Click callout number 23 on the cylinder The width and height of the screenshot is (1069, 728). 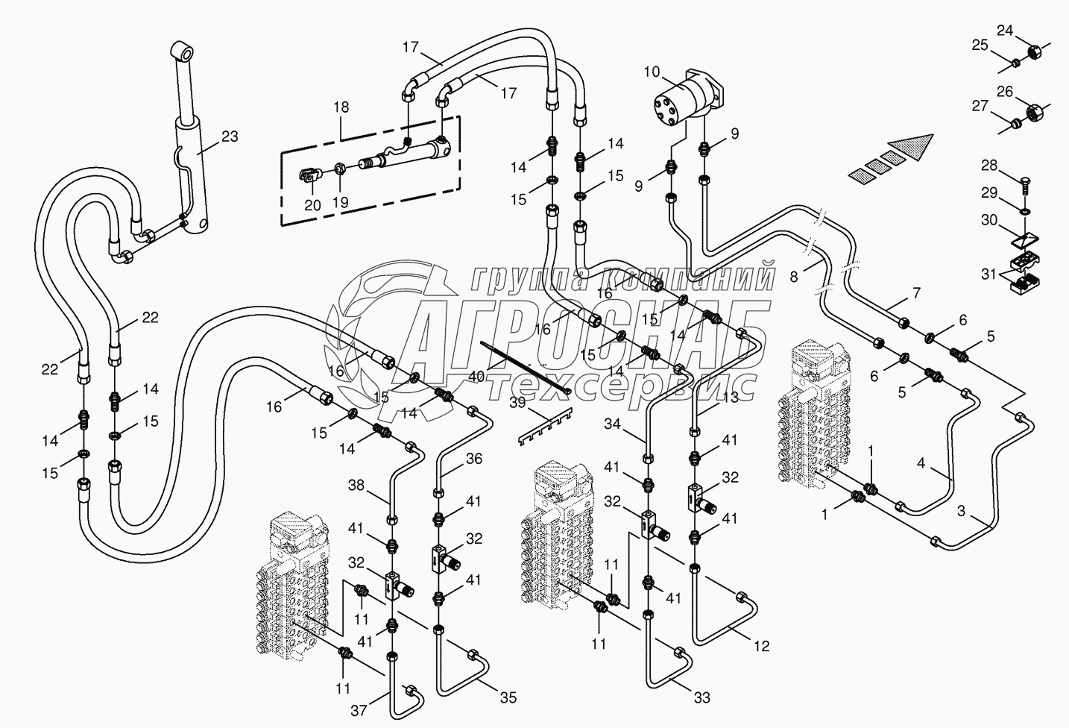point(230,136)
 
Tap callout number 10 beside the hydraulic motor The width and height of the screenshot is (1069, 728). point(652,72)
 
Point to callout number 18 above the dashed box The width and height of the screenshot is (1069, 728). point(341,107)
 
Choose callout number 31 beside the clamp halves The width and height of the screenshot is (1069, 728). point(988,274)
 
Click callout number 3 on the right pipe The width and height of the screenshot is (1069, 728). point(962,512)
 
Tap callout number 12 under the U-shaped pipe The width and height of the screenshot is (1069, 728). point(760,647)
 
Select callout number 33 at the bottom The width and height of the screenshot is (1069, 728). point(701,698)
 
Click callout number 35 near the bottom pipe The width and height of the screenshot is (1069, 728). point(508,698)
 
